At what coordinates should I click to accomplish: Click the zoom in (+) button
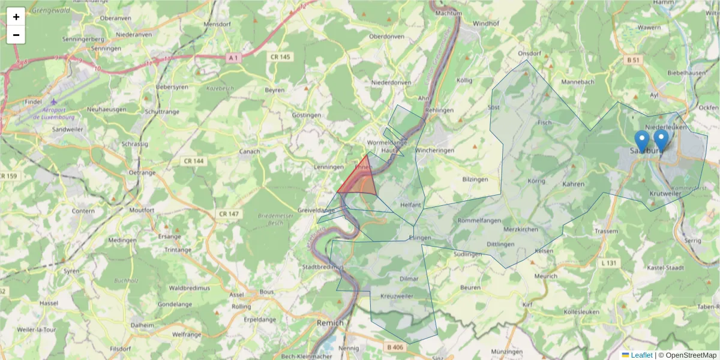(x=16, y=17)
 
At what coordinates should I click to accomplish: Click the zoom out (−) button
(x=16, y=35)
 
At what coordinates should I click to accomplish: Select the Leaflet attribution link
(x=641, y=355)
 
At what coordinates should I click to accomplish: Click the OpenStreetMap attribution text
(x=691, y=355)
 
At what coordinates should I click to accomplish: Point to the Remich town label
(x=330, y=323)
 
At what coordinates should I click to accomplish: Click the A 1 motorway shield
(x=234, y=57)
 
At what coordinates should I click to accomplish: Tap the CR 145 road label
(x=280, y=57)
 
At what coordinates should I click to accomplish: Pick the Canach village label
(x=250, y=151)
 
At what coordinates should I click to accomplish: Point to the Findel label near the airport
(x=34, y=102)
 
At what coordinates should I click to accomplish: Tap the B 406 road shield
(x=395, y=347)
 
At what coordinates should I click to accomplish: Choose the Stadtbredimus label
(x=323, y=266)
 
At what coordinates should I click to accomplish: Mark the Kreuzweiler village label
(x=397, y=296)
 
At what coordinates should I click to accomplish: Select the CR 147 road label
(x=229, y=214)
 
